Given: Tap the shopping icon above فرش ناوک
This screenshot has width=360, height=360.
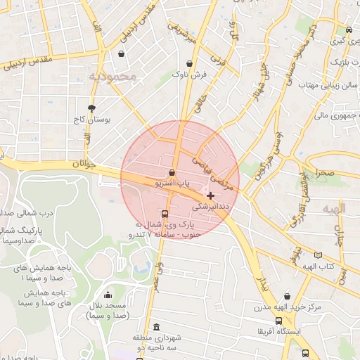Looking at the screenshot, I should [189, 63].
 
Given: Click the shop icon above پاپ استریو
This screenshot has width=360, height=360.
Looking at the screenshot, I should [172, 172].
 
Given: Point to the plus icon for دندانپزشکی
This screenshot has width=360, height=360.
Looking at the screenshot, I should [210, 195].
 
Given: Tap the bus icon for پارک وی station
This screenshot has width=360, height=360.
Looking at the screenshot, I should [165, 214].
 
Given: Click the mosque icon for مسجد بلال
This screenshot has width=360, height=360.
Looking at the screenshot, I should [108, 295].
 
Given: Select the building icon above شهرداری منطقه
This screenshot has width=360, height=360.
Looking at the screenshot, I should [155, 327].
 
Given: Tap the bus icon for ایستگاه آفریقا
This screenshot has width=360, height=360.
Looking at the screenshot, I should [278, 321].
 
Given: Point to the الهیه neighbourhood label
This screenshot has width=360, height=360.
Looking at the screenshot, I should [334, 210].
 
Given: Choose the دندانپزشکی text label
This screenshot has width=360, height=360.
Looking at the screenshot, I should [210, 207].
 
